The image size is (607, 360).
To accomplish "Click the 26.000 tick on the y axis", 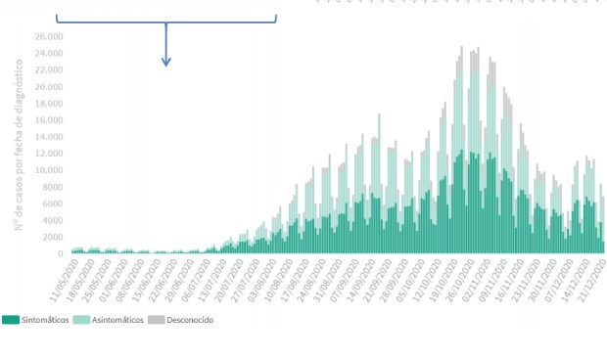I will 48,36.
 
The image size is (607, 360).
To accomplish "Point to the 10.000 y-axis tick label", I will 48,170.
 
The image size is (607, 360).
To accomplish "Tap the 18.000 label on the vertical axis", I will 48,103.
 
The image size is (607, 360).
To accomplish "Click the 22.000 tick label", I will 48,69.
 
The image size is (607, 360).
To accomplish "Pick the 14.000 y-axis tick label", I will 48,137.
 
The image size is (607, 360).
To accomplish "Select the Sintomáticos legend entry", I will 45,320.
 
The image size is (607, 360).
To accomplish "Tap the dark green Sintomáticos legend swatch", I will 11,320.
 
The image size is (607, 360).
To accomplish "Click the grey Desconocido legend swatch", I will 155,320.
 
